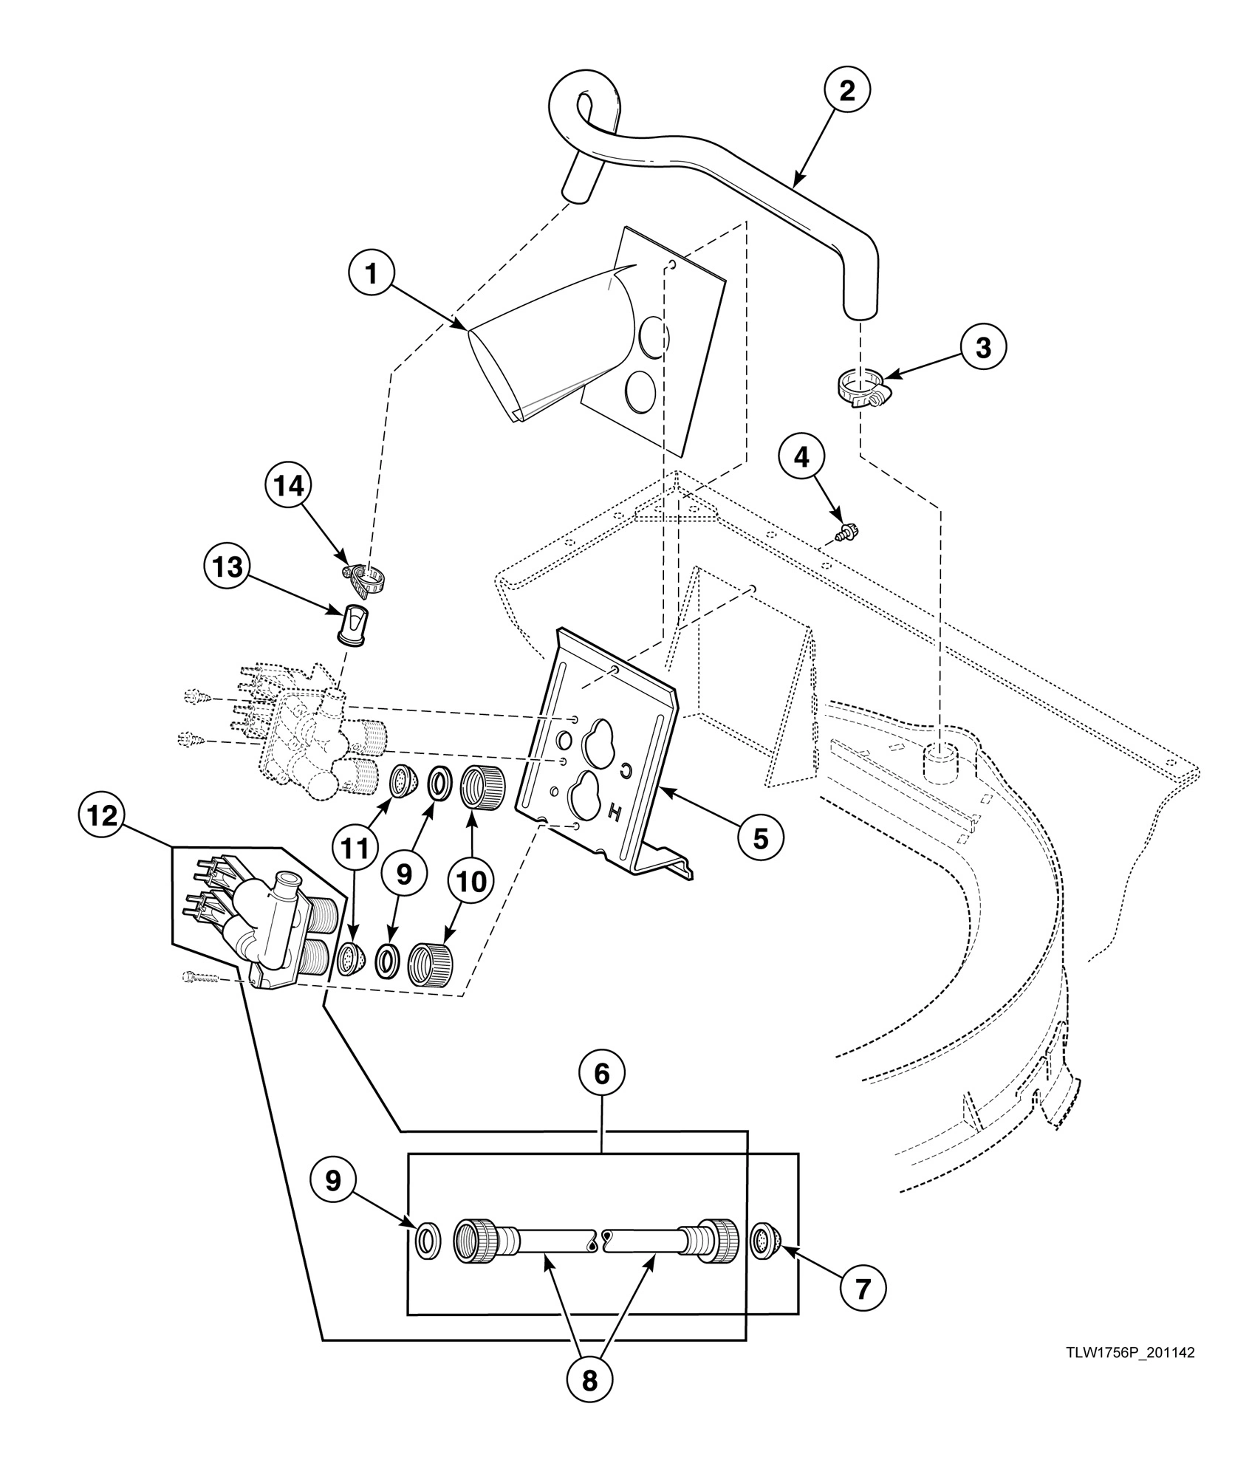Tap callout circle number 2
coord(846,90)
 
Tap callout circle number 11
coord(355,851)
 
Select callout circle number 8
coord(589,1380)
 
